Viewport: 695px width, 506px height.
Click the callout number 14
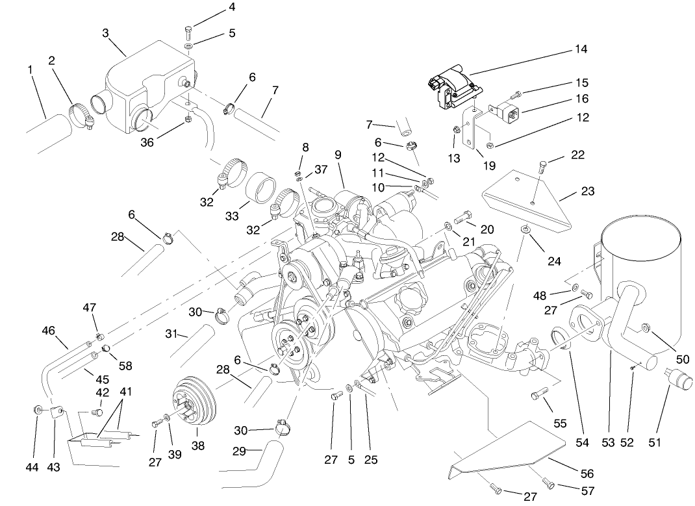pos(580,49)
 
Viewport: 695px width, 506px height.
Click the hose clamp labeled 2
pos(81,114)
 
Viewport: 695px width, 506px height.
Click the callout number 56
pos(587,474)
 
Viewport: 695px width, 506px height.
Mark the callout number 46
pos(48,329)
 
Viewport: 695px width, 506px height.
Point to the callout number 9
pos(338,155)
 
